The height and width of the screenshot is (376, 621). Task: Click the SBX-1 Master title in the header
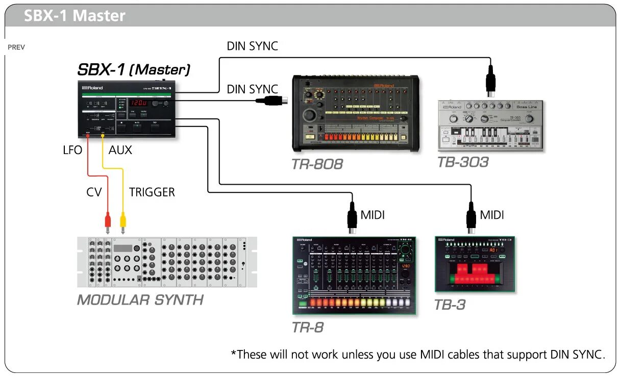tap(74, 16)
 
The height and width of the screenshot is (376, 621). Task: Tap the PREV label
tap(16, 47)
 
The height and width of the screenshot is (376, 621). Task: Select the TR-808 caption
tap(317, 164)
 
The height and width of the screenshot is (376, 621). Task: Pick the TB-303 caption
tap(463, 162)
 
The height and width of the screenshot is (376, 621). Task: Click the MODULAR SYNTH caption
tap(140, 299)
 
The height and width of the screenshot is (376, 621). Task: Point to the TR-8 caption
tap(308, 327)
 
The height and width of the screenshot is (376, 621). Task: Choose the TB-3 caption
tap(450, 305)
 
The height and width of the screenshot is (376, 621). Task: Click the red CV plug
tap(108, 221)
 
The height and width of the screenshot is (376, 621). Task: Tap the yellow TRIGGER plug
tap(122, 221)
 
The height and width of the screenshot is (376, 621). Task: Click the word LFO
tap(72, 150)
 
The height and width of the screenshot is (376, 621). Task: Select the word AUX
tap(120, 150)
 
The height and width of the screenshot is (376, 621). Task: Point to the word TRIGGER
tap(152, 192)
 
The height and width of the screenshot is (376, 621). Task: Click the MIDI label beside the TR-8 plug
tap(372, 215)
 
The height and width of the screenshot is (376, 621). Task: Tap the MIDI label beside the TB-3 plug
tap(492, 215)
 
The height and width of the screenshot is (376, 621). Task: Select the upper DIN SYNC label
tap(252, 46)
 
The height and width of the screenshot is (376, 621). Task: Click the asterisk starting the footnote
tap(234, 353)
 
